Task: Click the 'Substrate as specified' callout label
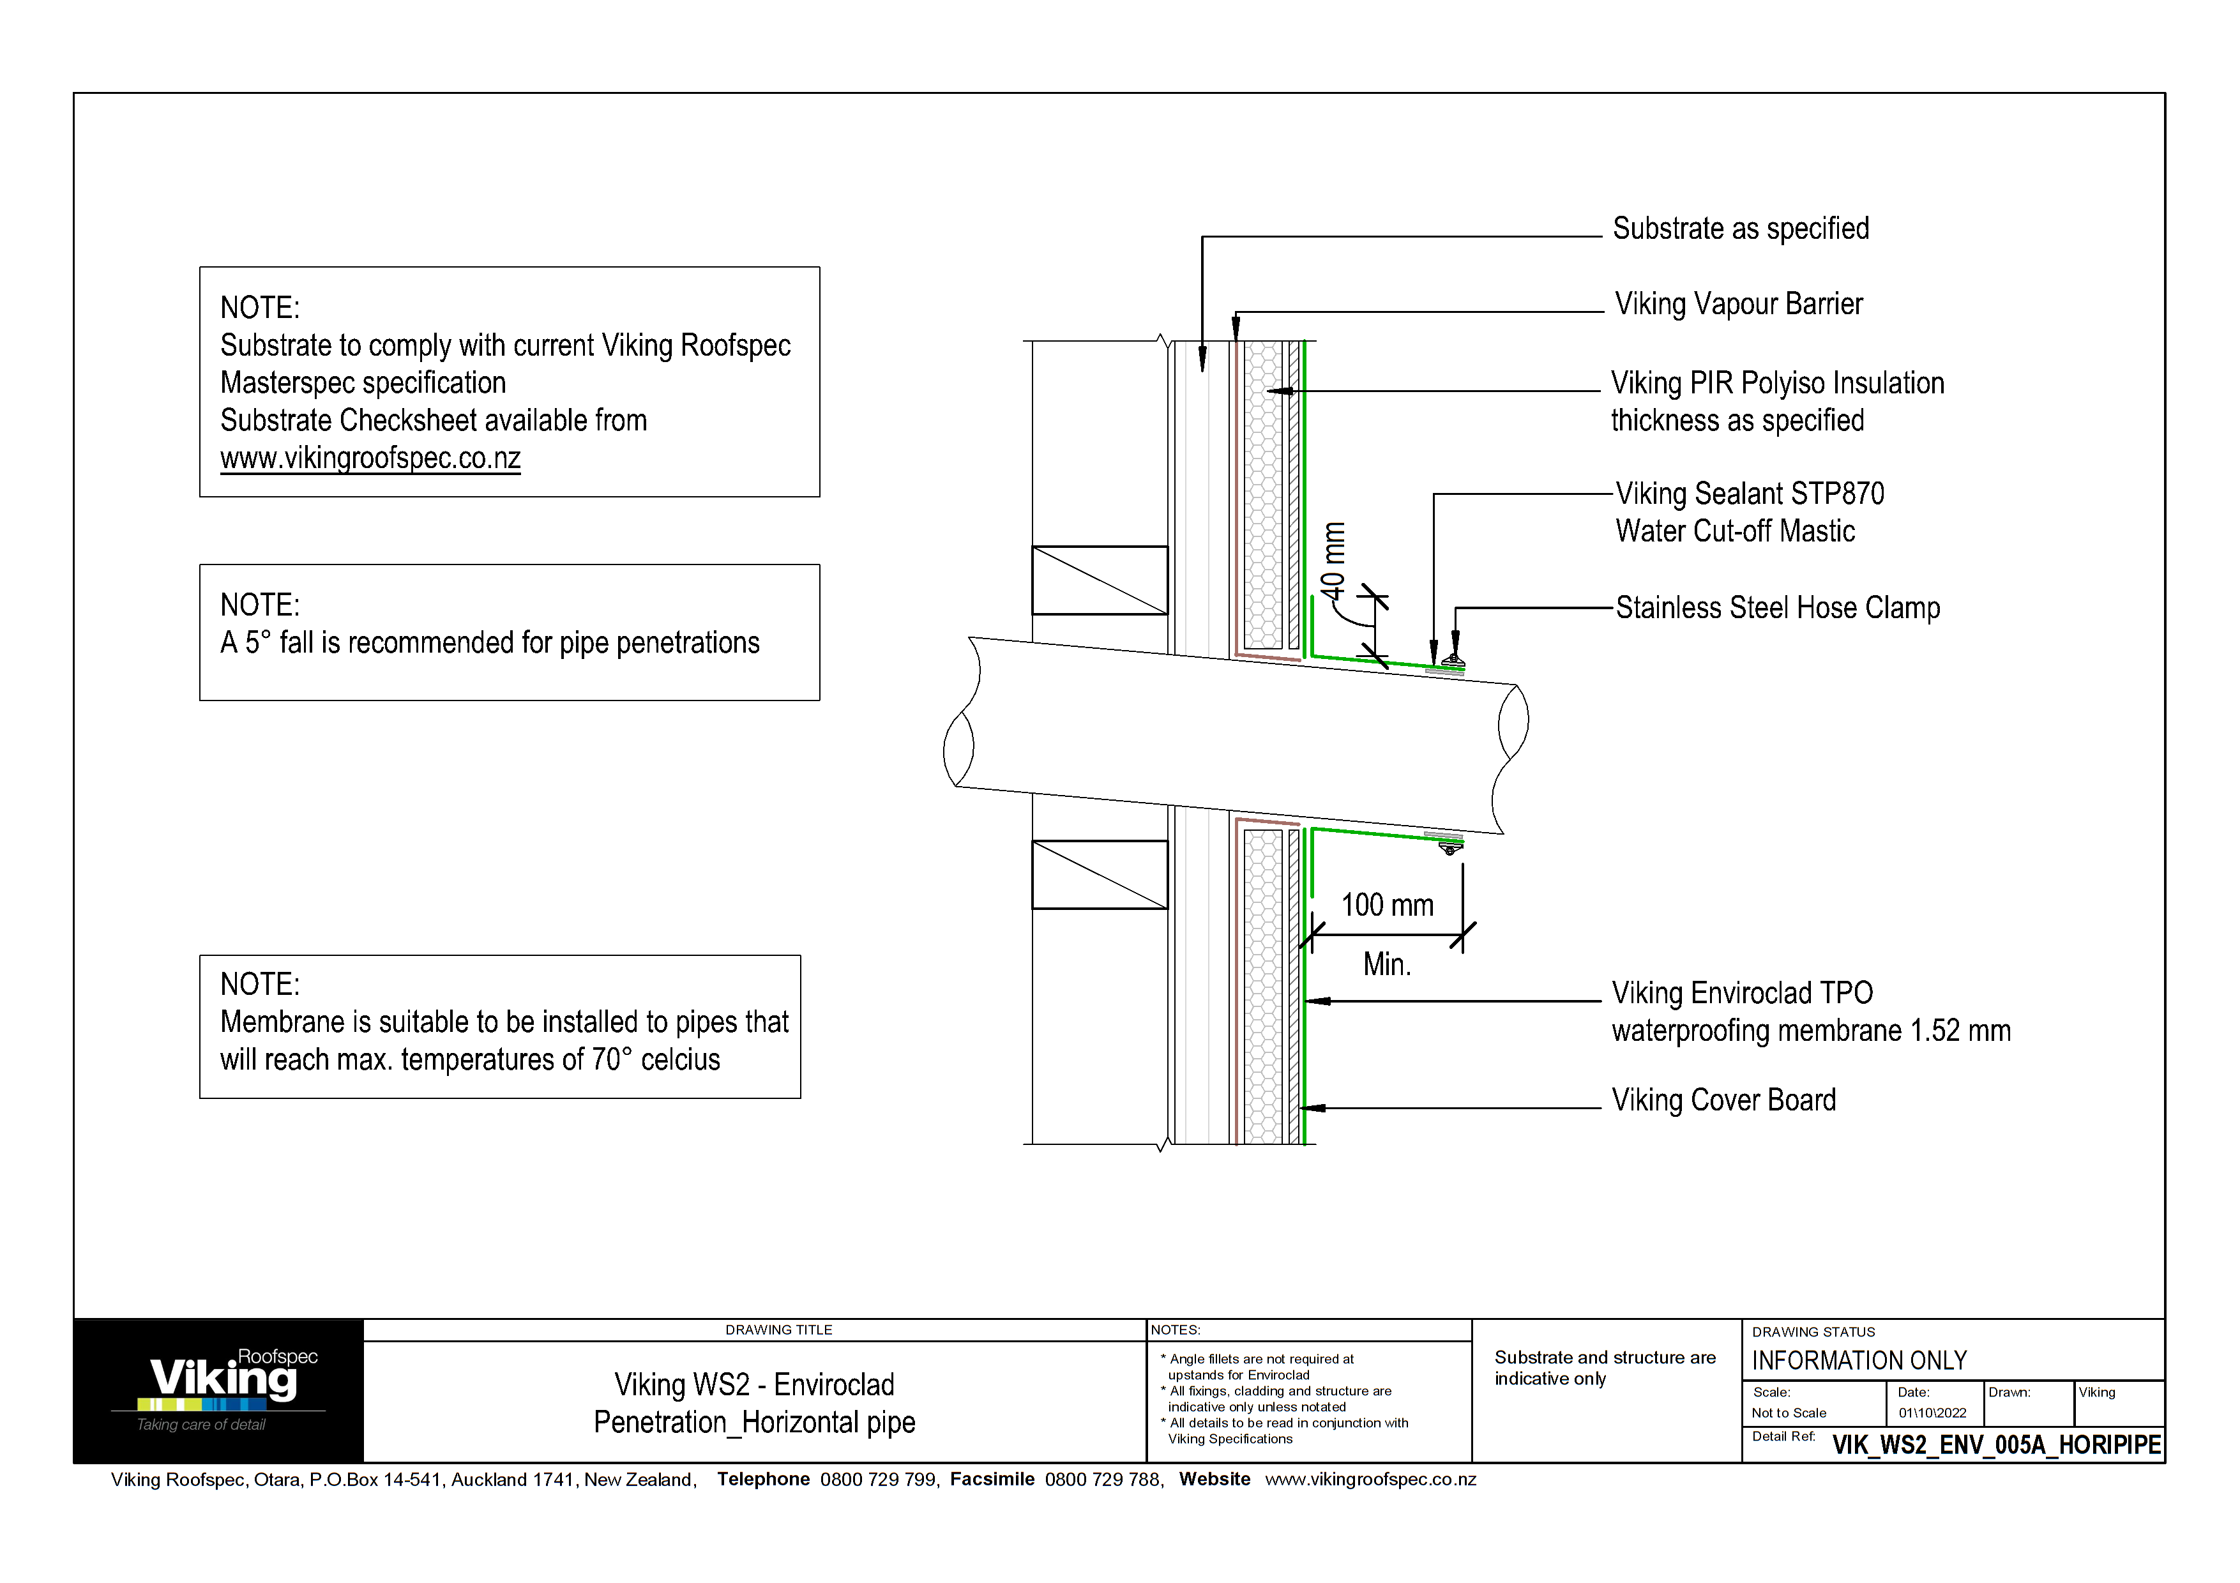click(x=1741, y=228)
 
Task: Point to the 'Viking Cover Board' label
click(x=1723, y=1100)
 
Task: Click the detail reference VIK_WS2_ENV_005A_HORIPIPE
click(x=1995, y=1444)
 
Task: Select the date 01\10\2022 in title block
click(x=1932, y=1413)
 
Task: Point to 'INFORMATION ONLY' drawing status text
click(x=1859, y=1361)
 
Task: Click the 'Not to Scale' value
click(x=1789, y=1413)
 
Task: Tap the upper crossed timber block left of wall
click(x=1100, y=580)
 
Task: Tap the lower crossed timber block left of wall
click(x=1100, y=875)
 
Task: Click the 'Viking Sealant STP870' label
click(x=1749, y=494)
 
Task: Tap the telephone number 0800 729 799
click(x=877, y=1480)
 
